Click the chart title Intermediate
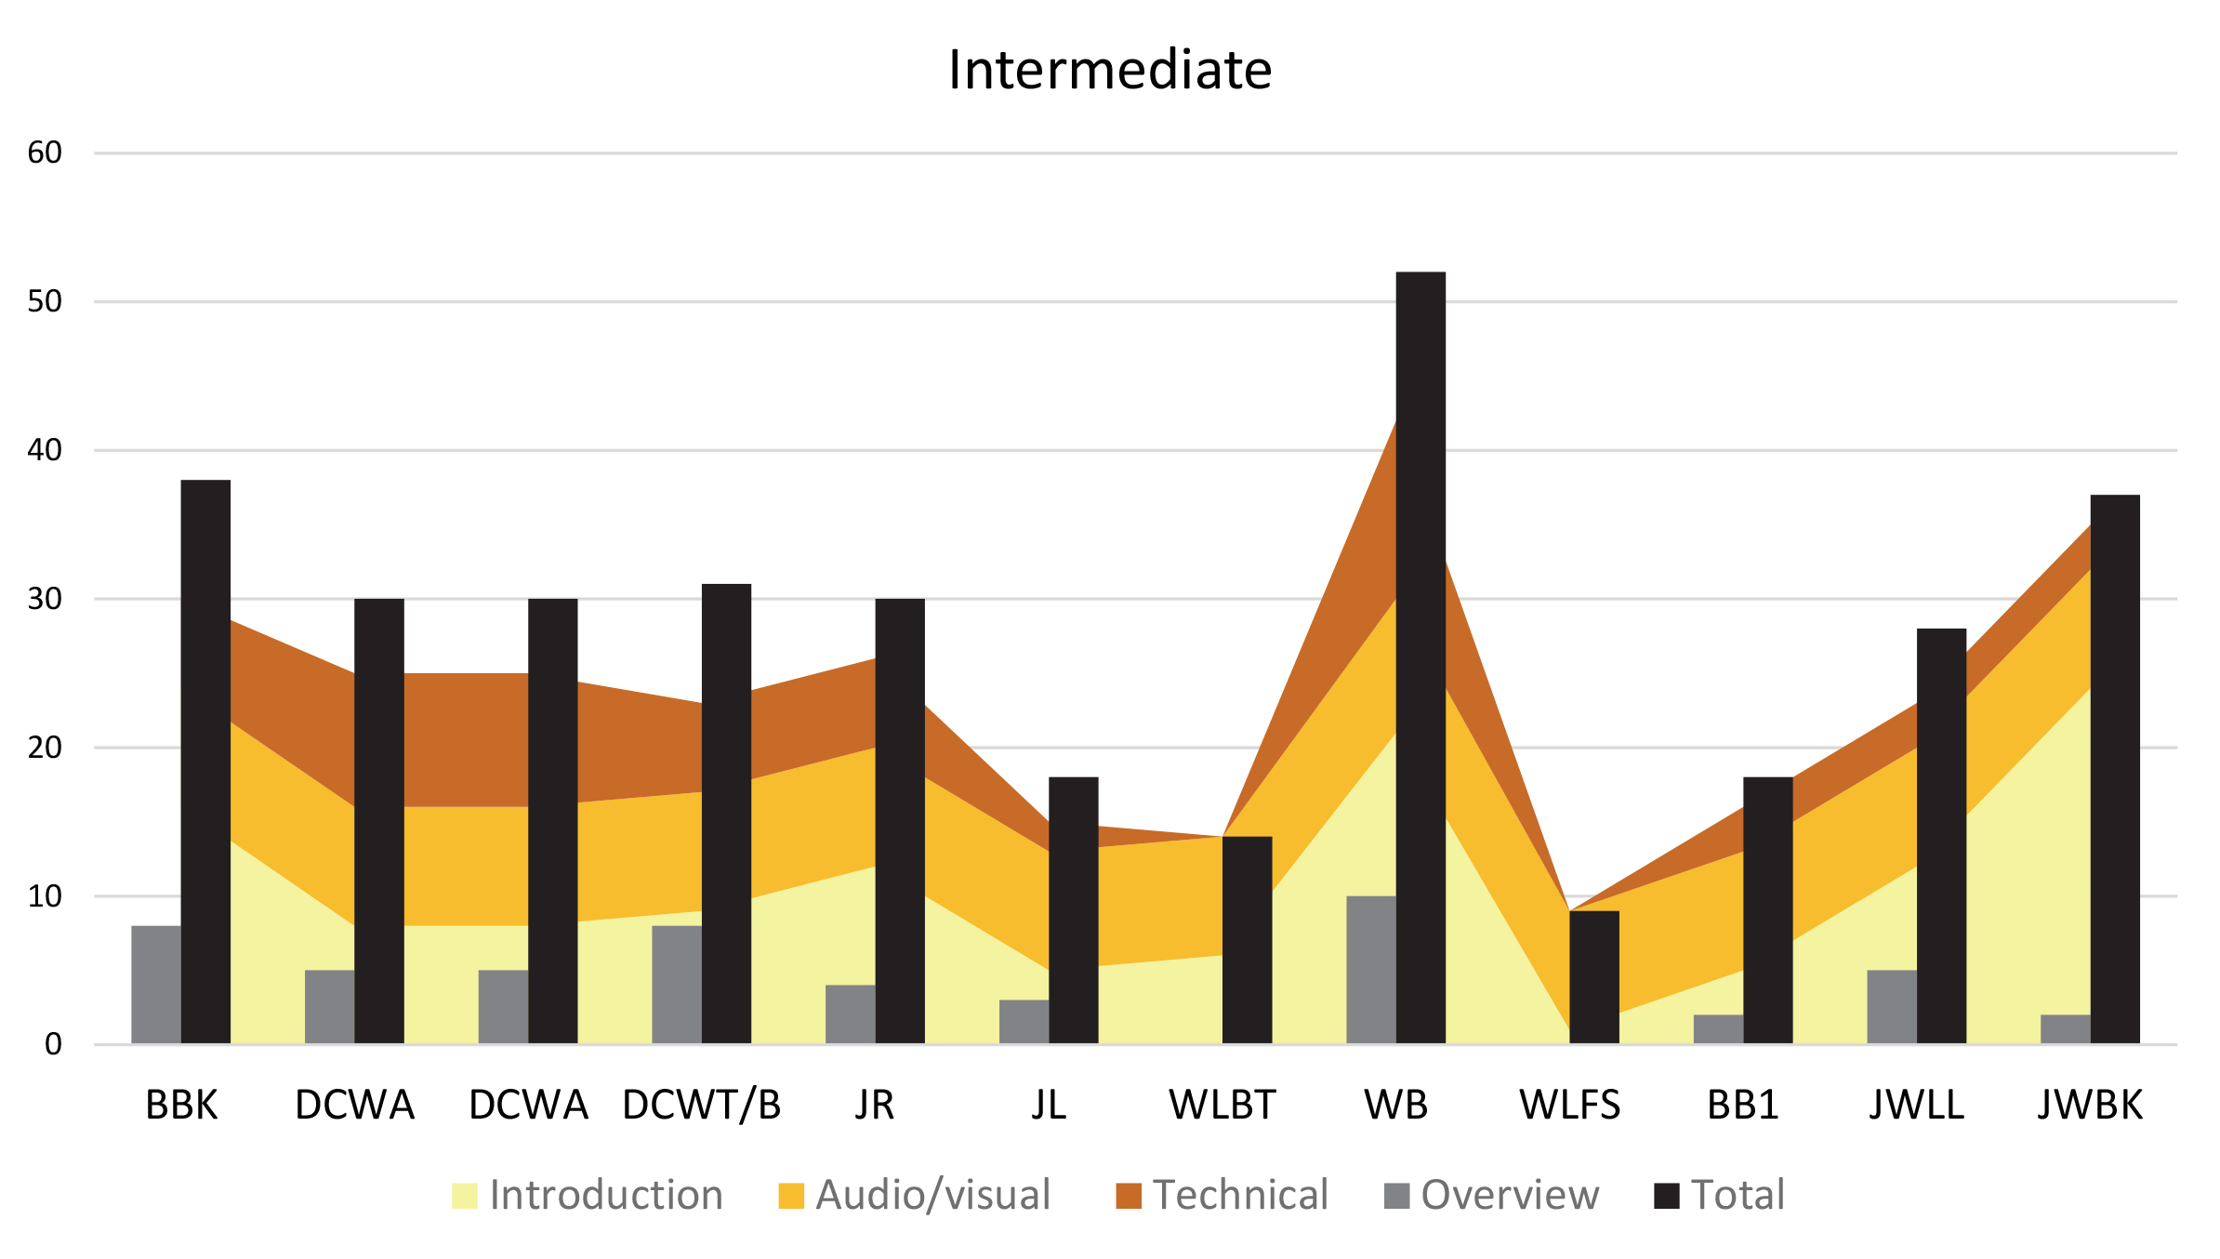point(1110,70)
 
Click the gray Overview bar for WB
point(1371,969)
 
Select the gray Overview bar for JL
point(1024,1021)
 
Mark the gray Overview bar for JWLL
point(1892,1006)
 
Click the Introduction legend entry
point(588,1195)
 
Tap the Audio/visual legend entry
point(915,1195)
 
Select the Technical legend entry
point(1222,1195)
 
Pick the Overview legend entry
point(1491,1195)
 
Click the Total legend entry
point(1720,1195)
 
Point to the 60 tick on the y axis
point(45,152)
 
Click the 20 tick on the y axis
point(45,748)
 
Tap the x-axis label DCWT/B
point(702,1105)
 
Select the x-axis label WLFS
point(1570,1105)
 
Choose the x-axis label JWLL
point(1917,1105)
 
